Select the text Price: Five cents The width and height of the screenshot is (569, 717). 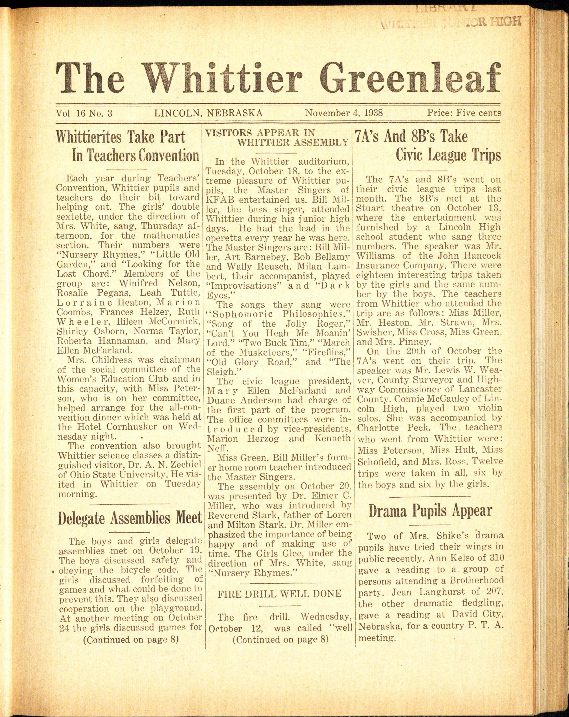coord(464,113)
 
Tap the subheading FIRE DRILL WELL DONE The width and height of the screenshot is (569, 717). coord(279,593)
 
